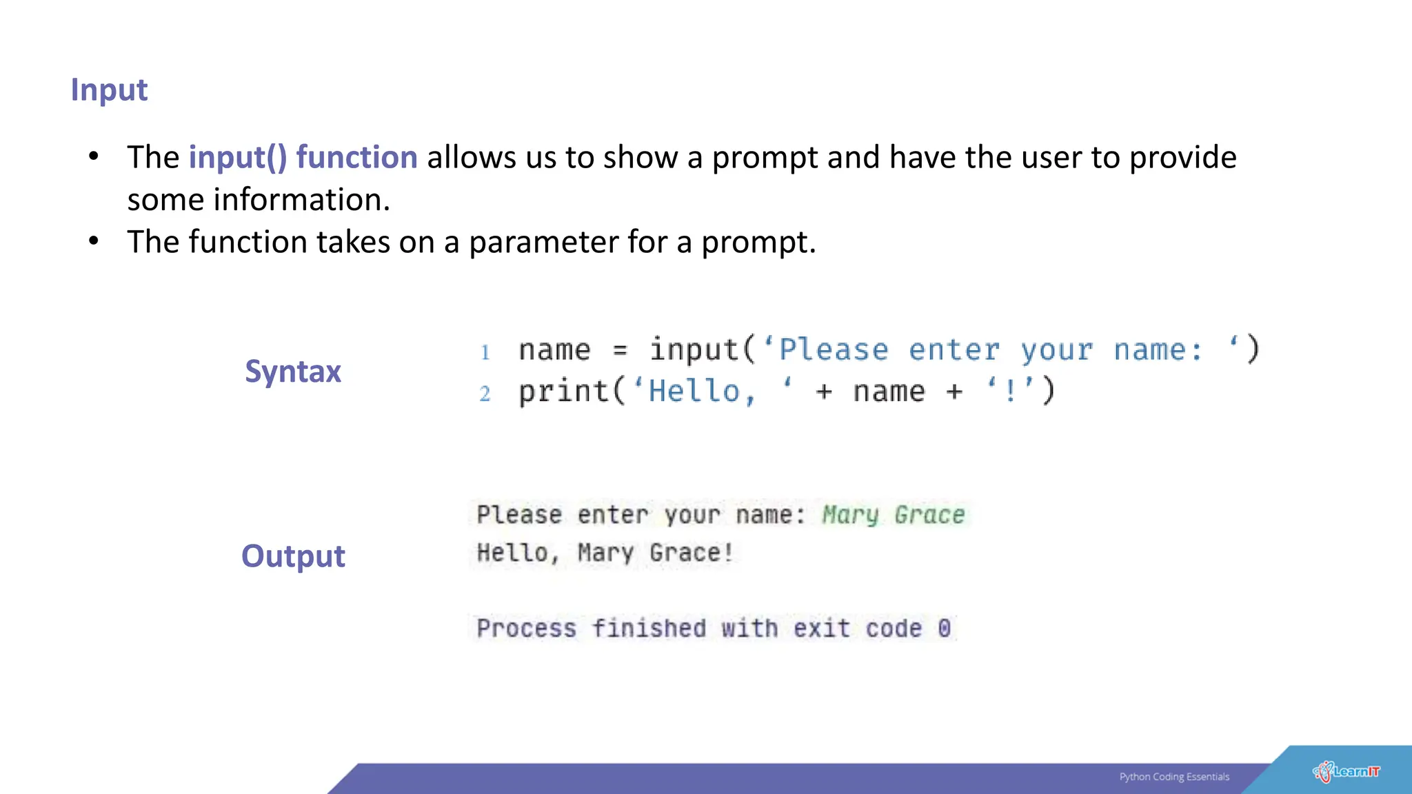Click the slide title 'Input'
pos(109,90)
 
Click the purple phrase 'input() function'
pos(303,158)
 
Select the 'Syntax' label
pos(293,371)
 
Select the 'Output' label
pos(293,556)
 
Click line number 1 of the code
pos(485,352)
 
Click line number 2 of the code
pos(485,394)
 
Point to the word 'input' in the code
pos(694,350)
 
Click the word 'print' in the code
pos(563,391)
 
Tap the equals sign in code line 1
pos(621,351)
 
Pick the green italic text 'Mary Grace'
pos(894,515)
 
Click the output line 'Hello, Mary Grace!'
pos(605,553)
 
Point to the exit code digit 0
pos(944,628)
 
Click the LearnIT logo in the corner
pos(1347,772)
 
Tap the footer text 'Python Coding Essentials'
pos(1174,777)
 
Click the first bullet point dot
pos(94,156)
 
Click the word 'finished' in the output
pos(649,628)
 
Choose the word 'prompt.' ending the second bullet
pos(758,243)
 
